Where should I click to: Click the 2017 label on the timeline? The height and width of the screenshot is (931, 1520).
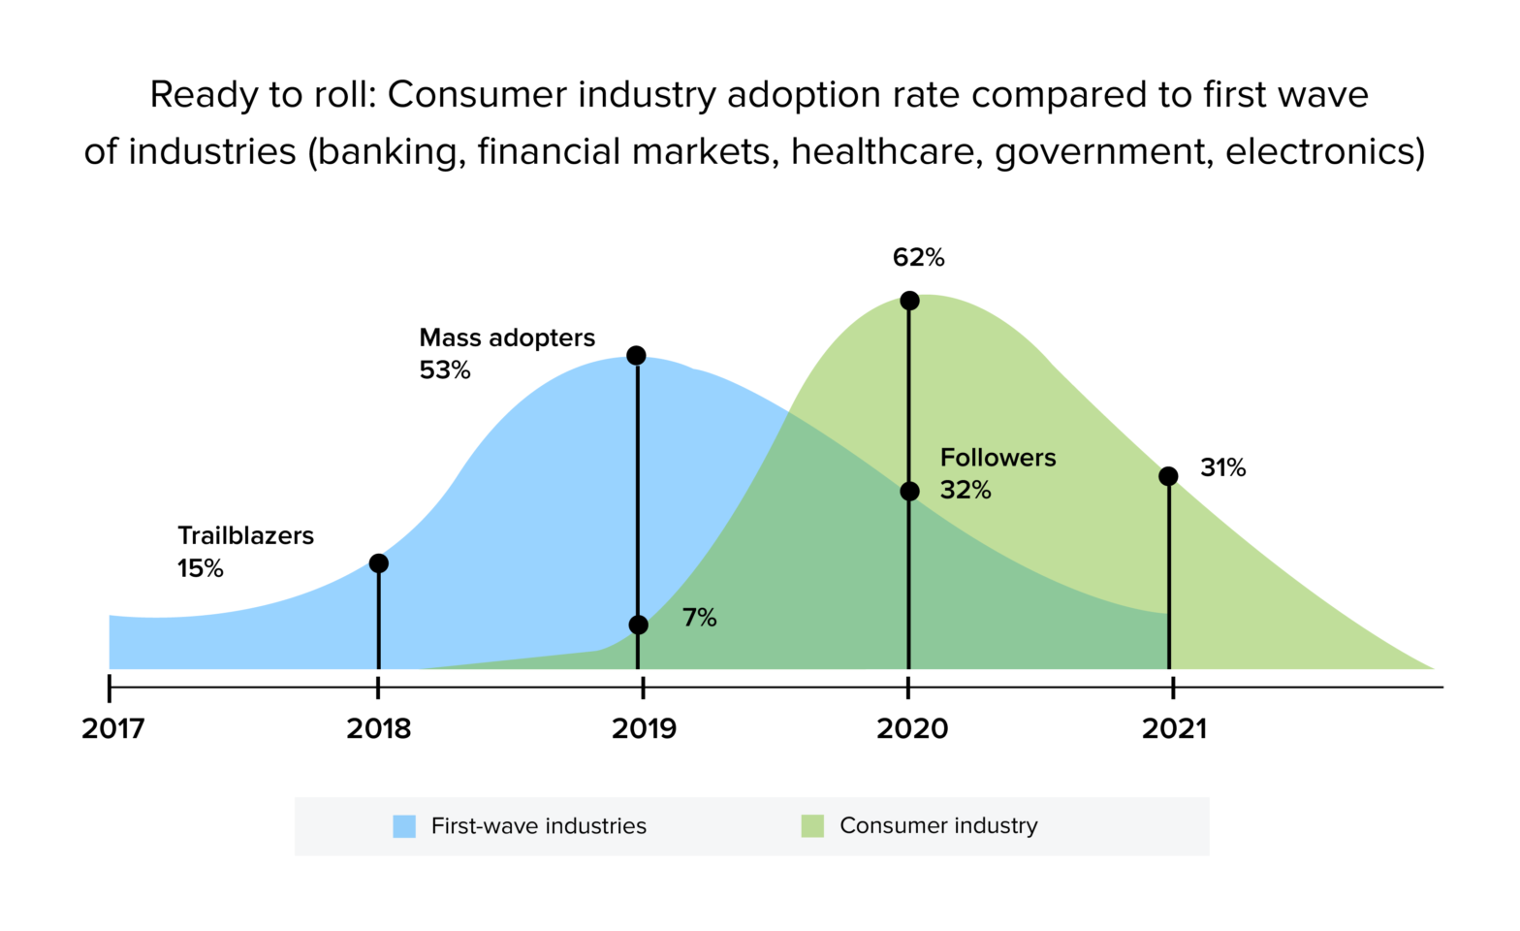click(113, 728)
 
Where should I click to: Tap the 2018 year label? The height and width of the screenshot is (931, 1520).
click(378, 728)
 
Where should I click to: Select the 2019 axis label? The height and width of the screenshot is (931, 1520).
click(644, 728)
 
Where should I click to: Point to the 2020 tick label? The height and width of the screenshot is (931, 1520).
click(911, 728)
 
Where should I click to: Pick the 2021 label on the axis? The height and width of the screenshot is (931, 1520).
click(1174, 728)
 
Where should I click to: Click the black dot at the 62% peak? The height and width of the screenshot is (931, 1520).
click(909, 301)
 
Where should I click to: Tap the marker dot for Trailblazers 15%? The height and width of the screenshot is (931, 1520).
click(379, 563)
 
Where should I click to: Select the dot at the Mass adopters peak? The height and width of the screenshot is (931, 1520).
click(636, 356)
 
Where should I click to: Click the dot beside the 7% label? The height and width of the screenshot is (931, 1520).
click(638, 625)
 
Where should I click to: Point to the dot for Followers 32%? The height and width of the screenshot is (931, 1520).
click(909, 492)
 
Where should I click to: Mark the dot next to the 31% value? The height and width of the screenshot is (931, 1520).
click(1168, 476)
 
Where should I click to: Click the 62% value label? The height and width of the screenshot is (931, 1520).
click(918, 257)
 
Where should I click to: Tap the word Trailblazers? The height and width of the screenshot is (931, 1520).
click(245, 535)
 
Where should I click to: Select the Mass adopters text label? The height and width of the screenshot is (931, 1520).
click(507, 337)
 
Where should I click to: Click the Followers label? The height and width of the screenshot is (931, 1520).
click(997, 458)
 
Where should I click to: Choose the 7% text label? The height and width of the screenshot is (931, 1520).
click(699, 618)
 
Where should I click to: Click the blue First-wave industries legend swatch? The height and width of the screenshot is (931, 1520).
click(404, 826)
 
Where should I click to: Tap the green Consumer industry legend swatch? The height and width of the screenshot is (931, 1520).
click(812, 826)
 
